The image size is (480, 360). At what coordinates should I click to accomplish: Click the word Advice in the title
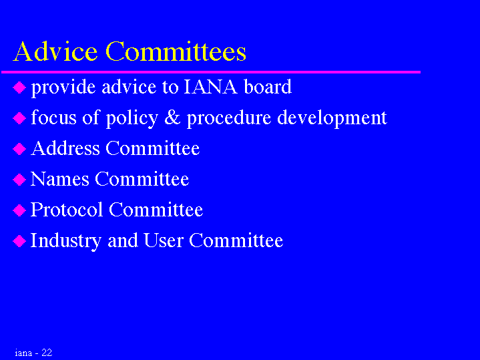[55, 51]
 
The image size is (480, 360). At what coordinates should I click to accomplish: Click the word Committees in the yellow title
[176, 51]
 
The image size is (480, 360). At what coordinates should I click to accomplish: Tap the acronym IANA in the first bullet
[210, 87]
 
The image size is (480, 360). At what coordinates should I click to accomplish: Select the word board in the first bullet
[268, 87]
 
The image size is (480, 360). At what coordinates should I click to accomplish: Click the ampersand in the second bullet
[172, 118]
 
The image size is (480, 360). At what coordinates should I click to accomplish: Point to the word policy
[132, 118]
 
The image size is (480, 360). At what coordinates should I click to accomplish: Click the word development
[332, 118]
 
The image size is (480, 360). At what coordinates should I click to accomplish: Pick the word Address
[65, 148]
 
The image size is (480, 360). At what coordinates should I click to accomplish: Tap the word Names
[60, 179]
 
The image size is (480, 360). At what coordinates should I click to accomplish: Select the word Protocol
[67, 210]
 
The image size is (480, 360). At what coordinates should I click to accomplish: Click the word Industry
[66, 241]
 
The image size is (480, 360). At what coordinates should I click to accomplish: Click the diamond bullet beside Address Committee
[19, 149]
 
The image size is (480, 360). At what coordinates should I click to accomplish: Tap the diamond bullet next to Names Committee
[19, 180]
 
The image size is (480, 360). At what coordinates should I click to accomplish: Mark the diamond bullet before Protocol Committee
[19, 210]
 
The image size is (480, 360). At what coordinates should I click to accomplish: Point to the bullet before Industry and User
[19, 241]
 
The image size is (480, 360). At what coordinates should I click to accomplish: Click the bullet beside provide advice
[19, 88]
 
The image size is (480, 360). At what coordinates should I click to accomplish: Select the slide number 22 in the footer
[47, 353]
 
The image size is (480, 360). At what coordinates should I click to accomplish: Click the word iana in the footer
[23, 353]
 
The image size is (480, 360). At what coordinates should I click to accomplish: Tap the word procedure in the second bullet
[229, 118]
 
